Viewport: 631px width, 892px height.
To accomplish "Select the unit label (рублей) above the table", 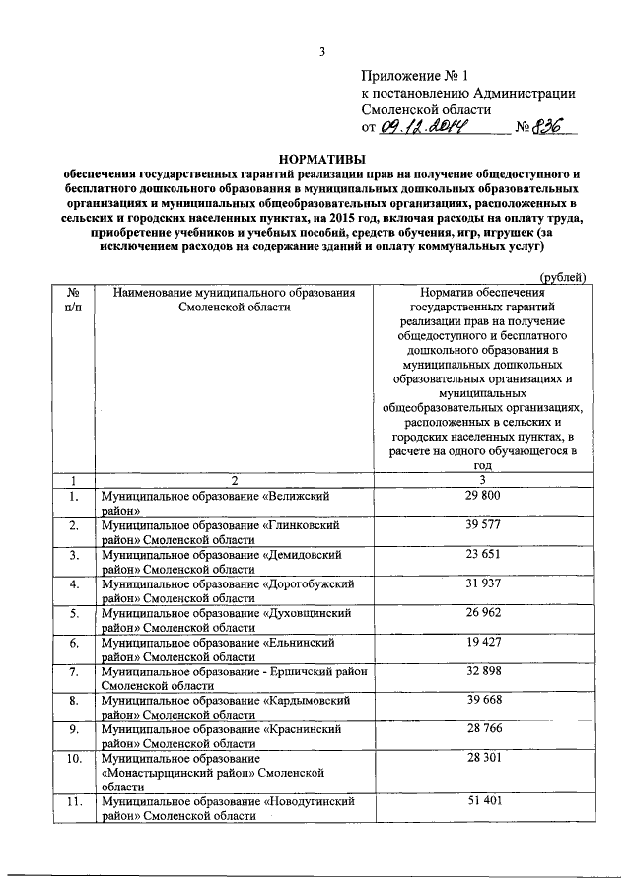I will pos(564,278).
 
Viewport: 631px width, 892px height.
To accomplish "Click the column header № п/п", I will pos(72,301).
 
